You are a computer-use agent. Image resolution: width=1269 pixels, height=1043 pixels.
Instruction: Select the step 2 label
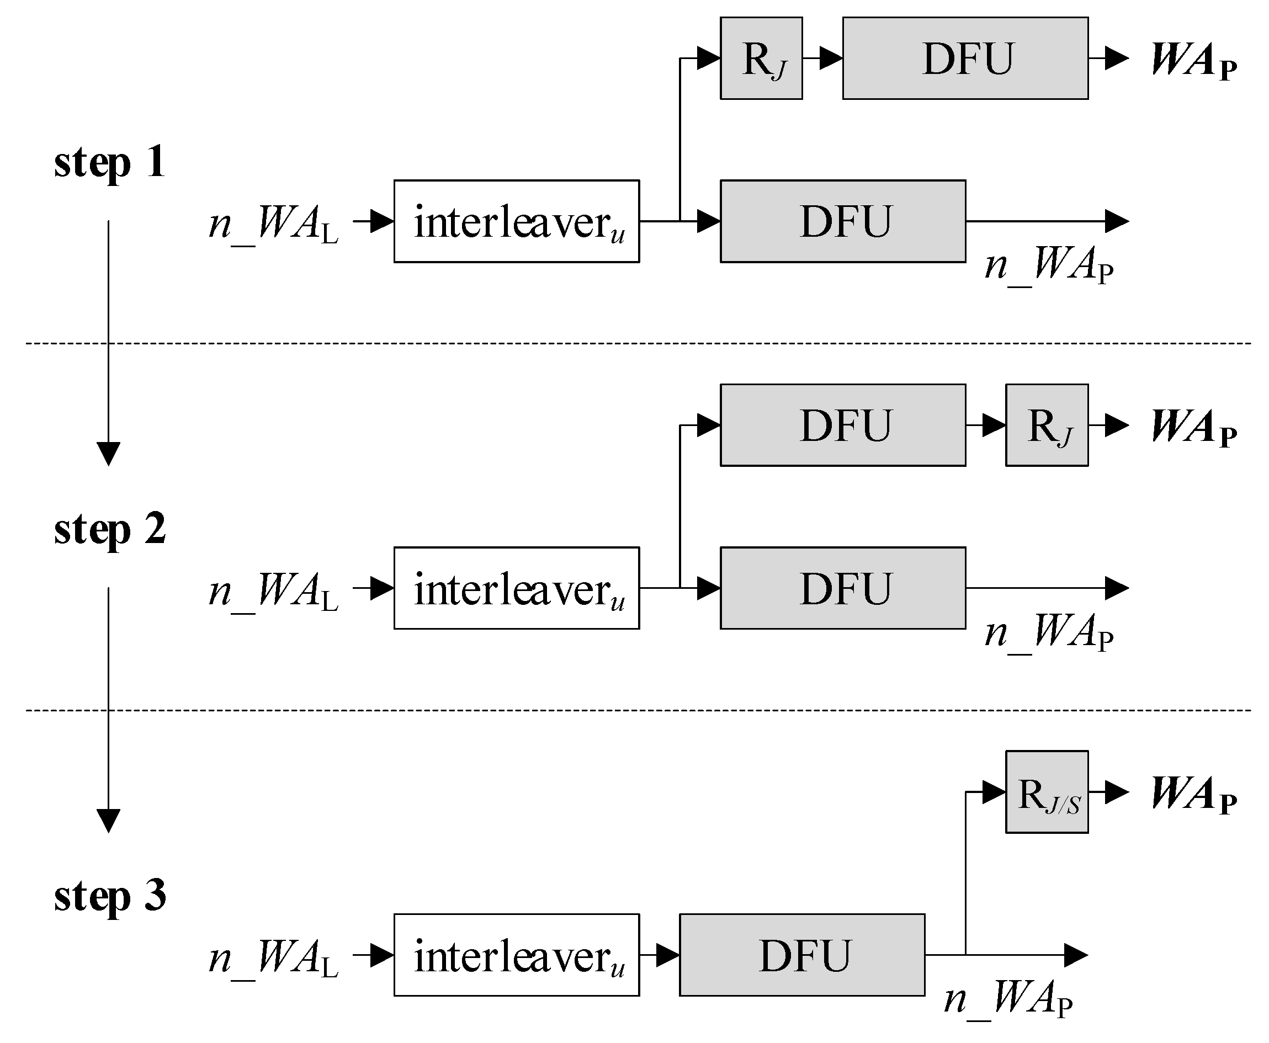(x=109, y=529)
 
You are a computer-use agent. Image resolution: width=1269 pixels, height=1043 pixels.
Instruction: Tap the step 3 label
(x=109, y=896)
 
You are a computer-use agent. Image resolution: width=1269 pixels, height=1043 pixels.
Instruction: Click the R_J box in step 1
(x=761, y=58)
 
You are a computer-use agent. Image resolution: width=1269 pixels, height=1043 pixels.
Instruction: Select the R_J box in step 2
(x=1047, y=425)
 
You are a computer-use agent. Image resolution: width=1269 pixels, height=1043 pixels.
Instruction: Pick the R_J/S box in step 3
(x=1047, y=792)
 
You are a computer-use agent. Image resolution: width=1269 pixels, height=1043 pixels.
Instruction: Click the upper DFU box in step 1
(x=965, y=58)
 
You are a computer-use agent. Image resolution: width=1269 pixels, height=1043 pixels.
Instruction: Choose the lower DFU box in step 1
(x=843, y=221)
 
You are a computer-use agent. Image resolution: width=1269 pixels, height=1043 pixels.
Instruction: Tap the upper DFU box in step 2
(x=843, y=425)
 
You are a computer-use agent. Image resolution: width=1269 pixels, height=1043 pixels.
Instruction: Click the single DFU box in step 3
(x=802, y=955)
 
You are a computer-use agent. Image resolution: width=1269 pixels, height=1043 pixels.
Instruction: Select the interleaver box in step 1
(x=517, y=221)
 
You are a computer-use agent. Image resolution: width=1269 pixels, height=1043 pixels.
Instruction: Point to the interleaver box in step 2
(x=517, y=588)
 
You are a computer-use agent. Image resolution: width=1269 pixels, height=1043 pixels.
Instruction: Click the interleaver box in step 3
(x=517, y=955)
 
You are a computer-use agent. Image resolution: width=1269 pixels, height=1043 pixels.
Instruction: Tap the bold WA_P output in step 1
(x=1193, y=60)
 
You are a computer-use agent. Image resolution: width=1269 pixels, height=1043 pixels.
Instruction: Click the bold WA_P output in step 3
(x=1193, y=794)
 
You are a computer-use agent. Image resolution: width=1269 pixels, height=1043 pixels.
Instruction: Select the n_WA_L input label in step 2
(x=273, y=591)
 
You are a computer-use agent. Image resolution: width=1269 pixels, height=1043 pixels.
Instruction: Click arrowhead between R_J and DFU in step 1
(x=831, y=58)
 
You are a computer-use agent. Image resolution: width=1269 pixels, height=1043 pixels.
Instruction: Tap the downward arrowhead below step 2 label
(x=109, y=821)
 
